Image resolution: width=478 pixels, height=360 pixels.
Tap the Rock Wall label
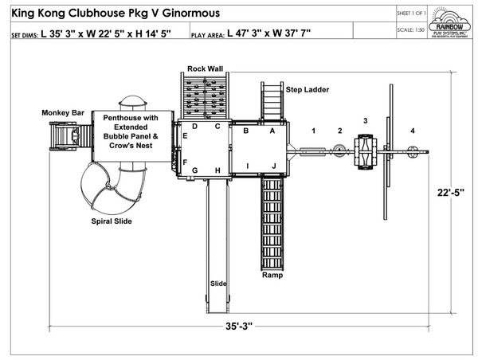click(x=205, y=68)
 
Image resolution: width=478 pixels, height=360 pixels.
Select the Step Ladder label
click(x=308, y=90)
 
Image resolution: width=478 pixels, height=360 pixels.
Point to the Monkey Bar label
click(x=64, y=113)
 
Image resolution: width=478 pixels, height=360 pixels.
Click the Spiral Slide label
click(x=111, y=221)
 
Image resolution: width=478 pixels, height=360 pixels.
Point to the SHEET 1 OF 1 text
click(x=411, y=14)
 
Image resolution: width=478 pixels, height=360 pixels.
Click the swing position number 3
click(x=366, y=120)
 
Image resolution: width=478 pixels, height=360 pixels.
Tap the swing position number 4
click(x=412, y=130)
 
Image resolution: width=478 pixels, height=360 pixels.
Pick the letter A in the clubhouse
click(x=272, y=130)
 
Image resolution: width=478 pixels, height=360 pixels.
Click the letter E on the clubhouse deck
click(x=185, y=136)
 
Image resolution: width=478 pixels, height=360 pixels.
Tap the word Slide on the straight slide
click(x=217, y=284)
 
